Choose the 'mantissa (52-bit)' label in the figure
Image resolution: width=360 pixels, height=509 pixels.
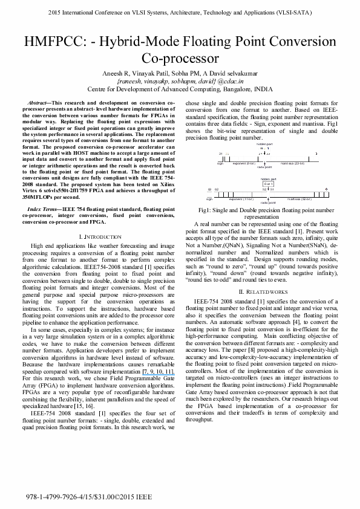pos(299,198)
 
